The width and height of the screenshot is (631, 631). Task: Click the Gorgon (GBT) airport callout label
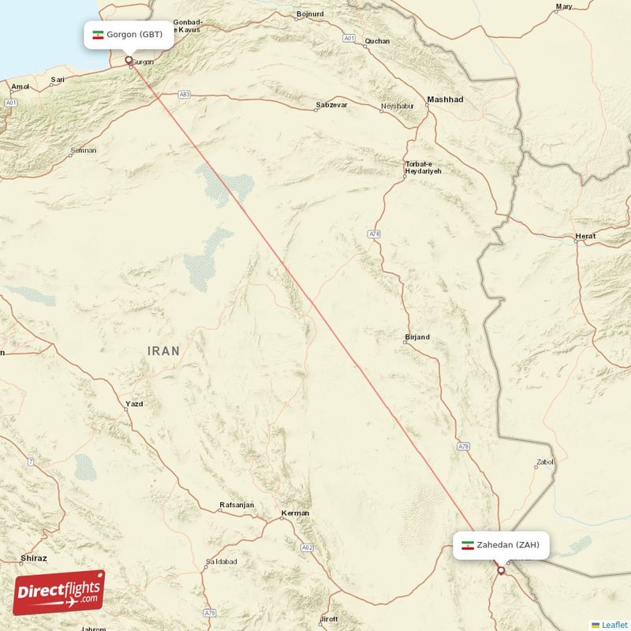pos(129,35)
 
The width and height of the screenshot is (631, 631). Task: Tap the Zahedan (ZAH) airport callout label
pos(501,545)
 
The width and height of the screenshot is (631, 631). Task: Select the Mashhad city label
pos(445,100)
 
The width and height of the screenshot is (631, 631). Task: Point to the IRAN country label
pos(163,351)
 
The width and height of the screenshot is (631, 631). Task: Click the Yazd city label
pos(134,405)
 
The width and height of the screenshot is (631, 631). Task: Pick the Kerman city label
pos(295,513)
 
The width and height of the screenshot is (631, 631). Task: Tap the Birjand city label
pos(416,338)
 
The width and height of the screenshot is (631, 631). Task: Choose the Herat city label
pos(585,236)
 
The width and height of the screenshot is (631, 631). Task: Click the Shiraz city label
pos(34,558)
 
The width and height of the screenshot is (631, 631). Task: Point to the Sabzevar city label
pos(330,105)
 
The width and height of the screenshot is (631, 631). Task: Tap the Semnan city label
pos(84,151)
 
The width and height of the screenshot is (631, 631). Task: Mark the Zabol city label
pos(545,462)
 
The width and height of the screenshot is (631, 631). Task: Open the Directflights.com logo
pos(59,592)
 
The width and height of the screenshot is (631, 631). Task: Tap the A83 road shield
pos(184,95)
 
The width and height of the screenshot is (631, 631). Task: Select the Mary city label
pos(563,7)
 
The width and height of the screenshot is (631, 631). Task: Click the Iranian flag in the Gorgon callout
pos(99,35)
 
